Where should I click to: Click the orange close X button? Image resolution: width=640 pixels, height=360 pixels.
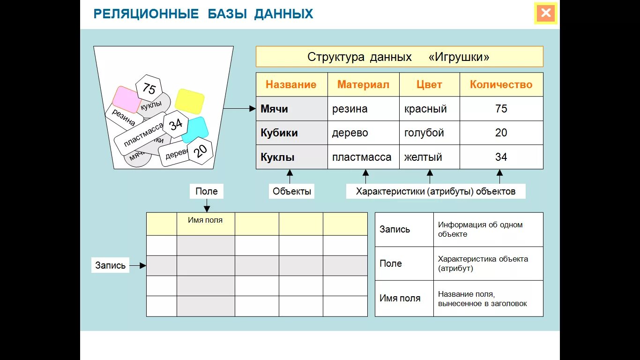pyautogui.click(x=546, y=13)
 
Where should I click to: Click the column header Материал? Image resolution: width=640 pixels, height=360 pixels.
pyautogui.click(x=363, y=85)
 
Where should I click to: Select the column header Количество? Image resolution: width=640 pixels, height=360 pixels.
pyautogui.click(x=501, y=85)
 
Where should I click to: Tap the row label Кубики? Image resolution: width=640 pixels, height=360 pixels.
pyautogui.click(x=279, y=133)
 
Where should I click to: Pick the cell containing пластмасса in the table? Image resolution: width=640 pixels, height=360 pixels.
pyautogui.click(x=362, y=157)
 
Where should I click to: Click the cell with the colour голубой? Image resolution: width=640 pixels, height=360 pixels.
pyautogui.click(x=424, y=133)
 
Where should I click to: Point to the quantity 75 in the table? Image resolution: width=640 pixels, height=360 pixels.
pyautogui.click(x=501, y=109)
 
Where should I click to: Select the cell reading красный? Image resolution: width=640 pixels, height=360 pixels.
pyautogui.click(x=425, y=109)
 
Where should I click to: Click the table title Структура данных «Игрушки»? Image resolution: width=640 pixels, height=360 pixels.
pyautogui.click(x=399, y=57)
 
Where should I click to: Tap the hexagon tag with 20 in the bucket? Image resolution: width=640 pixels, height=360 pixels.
pyautogui.click(x=200, y=150)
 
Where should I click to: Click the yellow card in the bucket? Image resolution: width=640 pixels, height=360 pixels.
pyautogui.click(x=189, y=101)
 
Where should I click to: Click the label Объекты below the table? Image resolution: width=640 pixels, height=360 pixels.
pyautogui.click(x=291, y=191)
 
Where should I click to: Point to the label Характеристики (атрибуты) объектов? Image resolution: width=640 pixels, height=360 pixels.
pyautogui.click(x=435, y=191)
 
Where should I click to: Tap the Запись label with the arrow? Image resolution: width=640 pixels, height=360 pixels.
pyautogui.click(x=111, y=265)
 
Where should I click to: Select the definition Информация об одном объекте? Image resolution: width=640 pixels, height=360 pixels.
pyautogui.click(x=480, y=229)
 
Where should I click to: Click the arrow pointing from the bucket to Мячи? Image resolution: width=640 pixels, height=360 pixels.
pyautogui.click(x=239, y=109)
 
